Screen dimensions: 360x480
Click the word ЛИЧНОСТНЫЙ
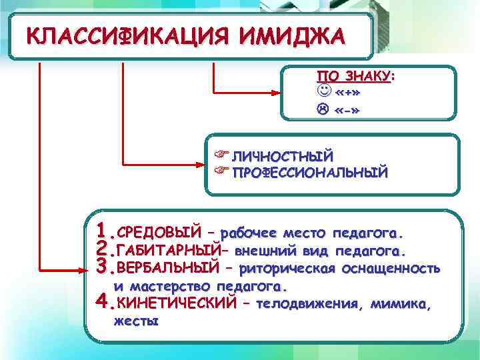coord(281,157)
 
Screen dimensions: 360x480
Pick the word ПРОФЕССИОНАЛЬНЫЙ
coord(309,173)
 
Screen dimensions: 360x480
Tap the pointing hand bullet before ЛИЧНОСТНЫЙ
coord(221,156)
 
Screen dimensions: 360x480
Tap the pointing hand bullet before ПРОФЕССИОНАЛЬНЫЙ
coord(221,172)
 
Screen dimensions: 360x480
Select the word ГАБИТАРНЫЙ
coord(167,251)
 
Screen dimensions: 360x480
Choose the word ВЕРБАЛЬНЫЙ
coord(167,269)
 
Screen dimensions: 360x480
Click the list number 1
coord(103,232)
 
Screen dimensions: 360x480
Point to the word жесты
coord(136,321)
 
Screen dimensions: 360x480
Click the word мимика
coord(399,305)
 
